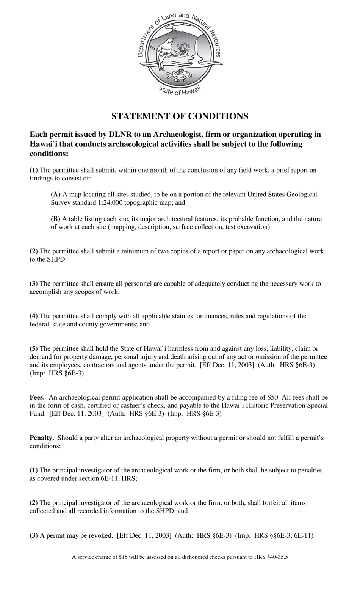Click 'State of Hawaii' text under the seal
(x=179, y=90)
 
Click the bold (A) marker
(x=56, y=195)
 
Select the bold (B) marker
(x=56, y=219)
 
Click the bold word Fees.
(x=37, y=398)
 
